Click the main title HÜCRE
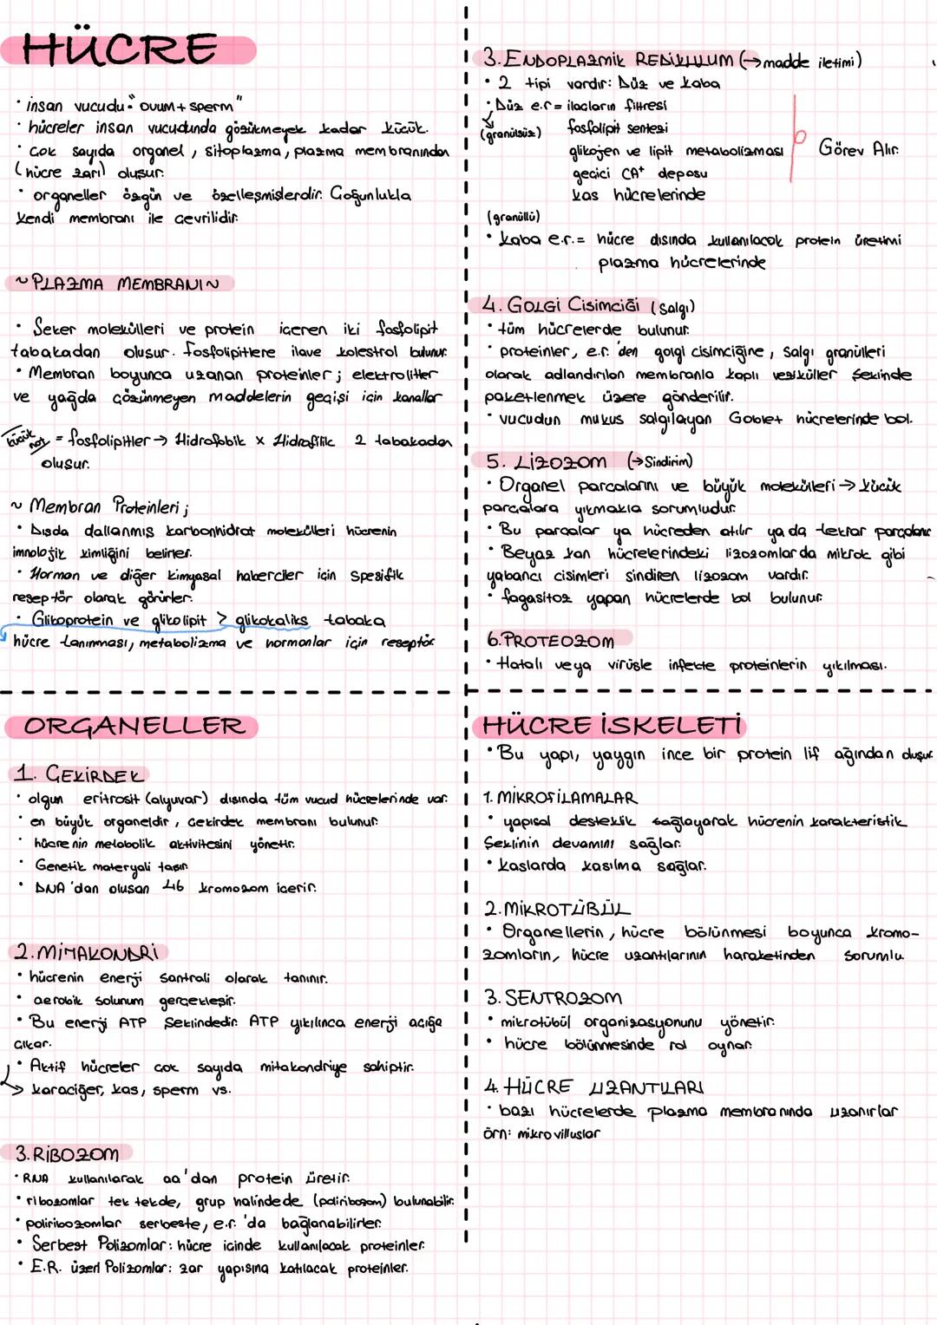coord(121,49)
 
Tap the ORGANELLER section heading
coord(134,726)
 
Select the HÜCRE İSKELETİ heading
coord(612,725)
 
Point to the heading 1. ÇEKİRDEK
coord(80,773)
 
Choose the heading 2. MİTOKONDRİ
coord(88,952)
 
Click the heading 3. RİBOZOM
coord(68,1154)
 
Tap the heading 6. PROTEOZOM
coord(551,641)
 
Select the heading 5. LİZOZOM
coord(547,461)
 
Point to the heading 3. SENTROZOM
coord(554,998)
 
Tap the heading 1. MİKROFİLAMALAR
coord(560,797)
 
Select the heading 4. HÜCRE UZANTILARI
coord(594,1087)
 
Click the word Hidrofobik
coord(210,441)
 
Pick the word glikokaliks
coord(272,620)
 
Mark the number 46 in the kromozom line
coord(174,886)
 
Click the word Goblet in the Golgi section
coord(755,419)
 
